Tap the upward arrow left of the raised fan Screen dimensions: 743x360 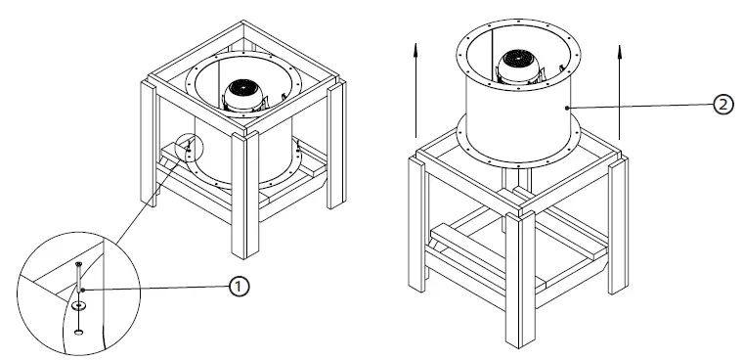(415, 88)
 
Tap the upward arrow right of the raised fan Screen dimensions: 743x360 (621, 88)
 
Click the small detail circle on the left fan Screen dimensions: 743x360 (187, 148)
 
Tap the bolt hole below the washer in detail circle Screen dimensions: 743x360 (79, 331)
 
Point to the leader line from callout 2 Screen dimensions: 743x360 (645, 106)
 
